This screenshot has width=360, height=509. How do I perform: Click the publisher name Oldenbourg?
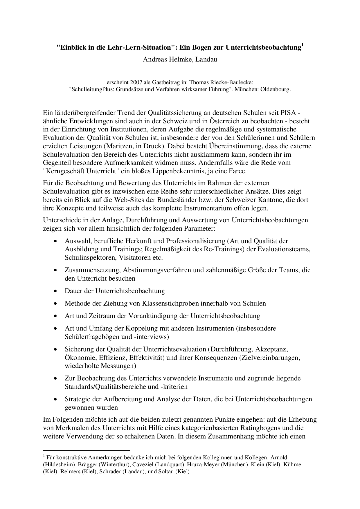pos(276,89)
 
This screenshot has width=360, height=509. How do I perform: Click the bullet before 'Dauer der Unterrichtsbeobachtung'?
pos(55,291)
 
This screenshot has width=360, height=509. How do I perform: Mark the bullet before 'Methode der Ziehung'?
pos(55,304)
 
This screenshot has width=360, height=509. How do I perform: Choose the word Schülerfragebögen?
pos(92,337)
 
